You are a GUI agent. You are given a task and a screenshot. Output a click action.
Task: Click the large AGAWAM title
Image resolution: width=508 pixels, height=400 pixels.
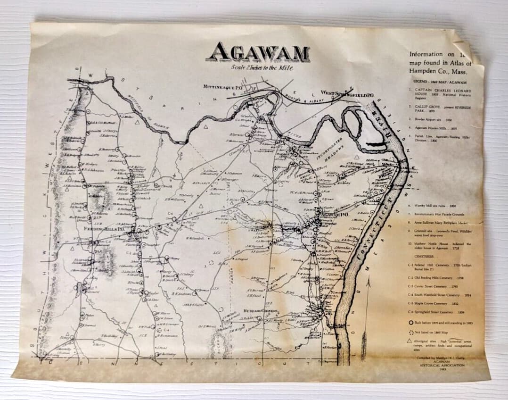258,52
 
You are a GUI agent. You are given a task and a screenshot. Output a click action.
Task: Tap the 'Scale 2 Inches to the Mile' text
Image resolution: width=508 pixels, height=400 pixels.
262,68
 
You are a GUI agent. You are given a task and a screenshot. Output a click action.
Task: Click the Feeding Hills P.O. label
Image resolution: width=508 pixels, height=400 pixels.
103,229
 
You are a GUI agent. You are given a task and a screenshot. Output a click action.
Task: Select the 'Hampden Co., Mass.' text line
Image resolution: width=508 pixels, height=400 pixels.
434,71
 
